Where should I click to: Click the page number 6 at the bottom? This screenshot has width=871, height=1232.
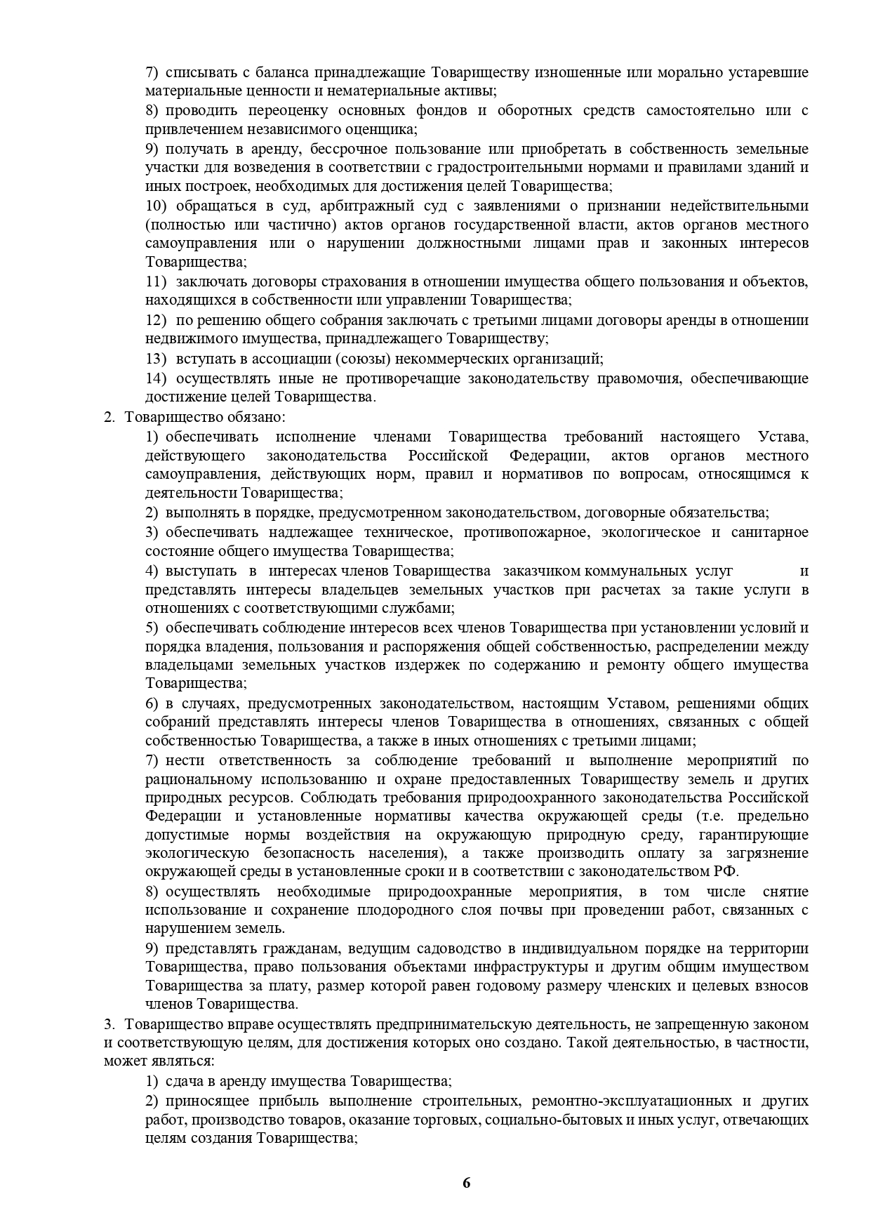coord(467,1183)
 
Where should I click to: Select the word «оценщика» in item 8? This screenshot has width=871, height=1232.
coord(385,129)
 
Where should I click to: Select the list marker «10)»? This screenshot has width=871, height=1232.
coord(157,206)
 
